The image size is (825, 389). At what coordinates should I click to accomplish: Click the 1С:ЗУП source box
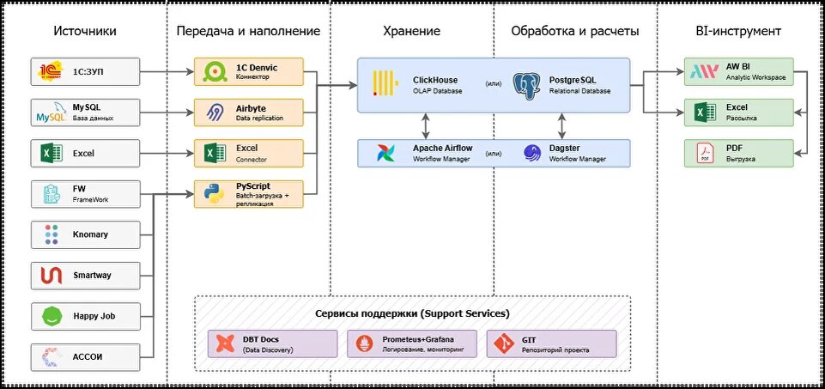pos(85,72)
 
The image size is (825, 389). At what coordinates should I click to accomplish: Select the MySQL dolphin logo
pos(48,112)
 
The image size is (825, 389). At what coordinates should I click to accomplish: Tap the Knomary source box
pos(85,234)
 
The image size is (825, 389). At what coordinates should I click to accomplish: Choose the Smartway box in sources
pos(85,276)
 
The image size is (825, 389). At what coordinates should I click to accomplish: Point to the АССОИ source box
pos(85,357)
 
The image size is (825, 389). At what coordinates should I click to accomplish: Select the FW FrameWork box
pos(85,194)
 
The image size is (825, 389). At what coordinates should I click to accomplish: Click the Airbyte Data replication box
pos(249,112)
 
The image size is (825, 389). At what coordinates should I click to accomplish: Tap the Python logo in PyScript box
pos(214,194)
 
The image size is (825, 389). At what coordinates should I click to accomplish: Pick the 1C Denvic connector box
pos(249,72)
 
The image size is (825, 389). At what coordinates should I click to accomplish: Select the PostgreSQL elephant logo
pos(529,84)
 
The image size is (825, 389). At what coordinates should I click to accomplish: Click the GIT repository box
pos(551,343)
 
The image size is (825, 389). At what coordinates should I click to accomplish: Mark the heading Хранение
pos(411,31)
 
